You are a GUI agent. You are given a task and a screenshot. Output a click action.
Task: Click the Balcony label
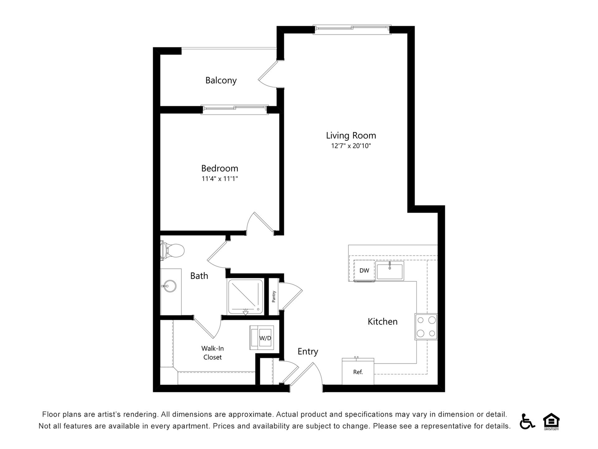coord(221,80)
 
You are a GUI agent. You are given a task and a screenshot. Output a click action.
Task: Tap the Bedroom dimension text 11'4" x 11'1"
coord(220,179)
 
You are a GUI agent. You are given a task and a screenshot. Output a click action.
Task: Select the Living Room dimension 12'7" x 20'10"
coord(351,146)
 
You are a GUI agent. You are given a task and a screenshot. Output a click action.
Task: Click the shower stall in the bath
coord(245,297)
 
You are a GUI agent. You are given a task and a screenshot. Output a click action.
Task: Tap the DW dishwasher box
coord(364,270)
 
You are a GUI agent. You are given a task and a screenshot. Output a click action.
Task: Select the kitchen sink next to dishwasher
coord(390,271)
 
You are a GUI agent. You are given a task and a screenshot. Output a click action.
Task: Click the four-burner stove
coord(426,326)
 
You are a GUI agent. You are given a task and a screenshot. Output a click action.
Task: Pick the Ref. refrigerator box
coord(358,372)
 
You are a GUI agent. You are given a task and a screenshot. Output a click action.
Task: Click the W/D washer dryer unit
coord(262,338)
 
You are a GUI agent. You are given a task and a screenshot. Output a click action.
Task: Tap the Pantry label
coord(274,297)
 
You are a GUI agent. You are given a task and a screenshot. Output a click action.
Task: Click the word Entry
coord(308,351)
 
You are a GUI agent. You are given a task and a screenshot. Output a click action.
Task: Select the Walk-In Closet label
coord(212,353)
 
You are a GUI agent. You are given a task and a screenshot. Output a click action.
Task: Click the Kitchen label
coord(382,321)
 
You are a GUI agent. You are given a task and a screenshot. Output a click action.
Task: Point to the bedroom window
coord(235,109)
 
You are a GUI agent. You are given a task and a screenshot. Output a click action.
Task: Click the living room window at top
coord(352,28)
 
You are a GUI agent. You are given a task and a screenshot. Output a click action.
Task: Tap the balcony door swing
coord(268,74)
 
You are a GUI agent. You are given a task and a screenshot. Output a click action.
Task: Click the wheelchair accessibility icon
coord(527,421)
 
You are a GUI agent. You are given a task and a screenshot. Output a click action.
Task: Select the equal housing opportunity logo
coord(551,421)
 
